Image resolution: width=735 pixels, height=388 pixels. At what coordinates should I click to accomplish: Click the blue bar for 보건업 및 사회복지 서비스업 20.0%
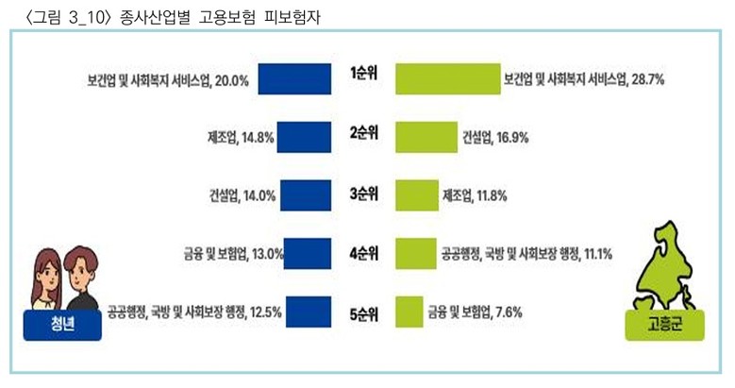[293, 79]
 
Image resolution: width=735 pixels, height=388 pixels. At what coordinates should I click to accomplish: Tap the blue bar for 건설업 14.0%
[307, 195]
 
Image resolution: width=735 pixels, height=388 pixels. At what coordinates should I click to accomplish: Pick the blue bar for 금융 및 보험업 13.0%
[309, 253]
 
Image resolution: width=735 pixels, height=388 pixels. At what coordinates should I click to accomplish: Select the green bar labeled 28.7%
[447, 79]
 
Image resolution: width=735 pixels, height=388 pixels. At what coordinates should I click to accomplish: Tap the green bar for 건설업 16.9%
[426, 137]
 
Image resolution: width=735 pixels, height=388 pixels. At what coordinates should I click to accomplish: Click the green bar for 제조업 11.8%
[416, 195]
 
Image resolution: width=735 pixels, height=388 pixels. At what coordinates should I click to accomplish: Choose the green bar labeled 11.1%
[414, 253]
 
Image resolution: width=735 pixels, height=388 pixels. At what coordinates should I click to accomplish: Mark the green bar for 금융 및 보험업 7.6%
[409, 310]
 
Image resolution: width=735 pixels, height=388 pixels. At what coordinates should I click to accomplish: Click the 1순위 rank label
[363, 75]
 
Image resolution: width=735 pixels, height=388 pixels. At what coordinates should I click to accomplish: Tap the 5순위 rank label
[363, 312]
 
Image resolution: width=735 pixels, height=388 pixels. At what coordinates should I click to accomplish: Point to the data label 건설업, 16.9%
[493, 137]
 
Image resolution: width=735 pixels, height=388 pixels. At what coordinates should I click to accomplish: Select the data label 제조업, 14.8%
[240, 137]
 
